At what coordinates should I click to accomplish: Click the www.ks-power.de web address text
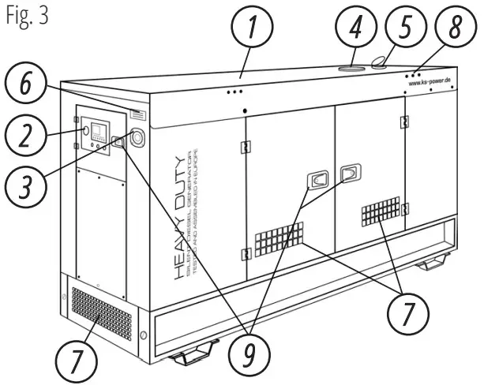coord(430,81)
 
